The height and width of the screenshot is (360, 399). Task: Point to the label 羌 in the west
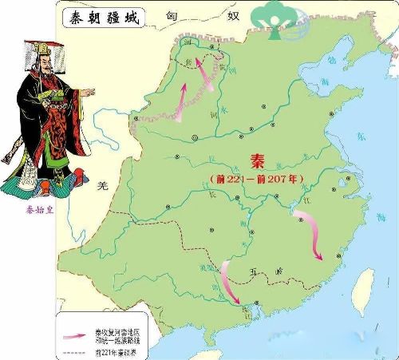(x=101, y=186)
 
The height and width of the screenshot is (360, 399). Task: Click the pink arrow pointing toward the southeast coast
(x=311, y=235)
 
